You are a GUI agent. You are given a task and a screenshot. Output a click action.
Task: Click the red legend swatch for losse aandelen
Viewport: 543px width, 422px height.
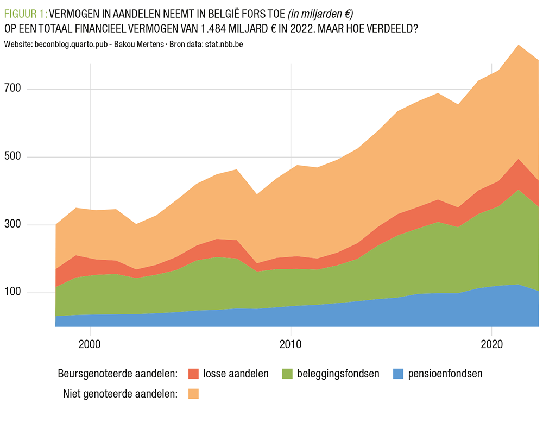(193, 374)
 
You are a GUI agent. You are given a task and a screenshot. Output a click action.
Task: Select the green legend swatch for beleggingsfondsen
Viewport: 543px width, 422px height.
(287, 374)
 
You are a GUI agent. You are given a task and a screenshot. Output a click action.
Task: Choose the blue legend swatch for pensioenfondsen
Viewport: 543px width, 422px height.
(398, 374)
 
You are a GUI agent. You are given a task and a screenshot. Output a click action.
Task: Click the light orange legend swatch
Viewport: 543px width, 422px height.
(193, 394)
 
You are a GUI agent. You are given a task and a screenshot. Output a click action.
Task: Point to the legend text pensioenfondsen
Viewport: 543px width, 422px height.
(445, 374)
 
